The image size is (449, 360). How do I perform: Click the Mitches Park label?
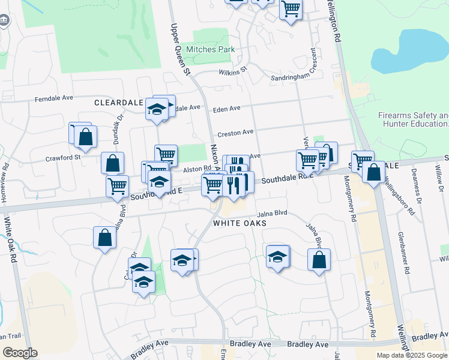tap(209, 50)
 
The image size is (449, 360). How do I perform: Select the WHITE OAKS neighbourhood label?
tap(239, 223)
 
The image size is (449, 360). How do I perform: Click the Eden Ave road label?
tap(227, 109)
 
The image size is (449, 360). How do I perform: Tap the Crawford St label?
tap(62, 157)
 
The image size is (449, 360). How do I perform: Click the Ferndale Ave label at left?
tap(53, 98)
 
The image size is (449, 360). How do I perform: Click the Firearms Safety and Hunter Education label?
tap(413, 119)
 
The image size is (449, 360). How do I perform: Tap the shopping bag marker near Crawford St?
tap(112, 163)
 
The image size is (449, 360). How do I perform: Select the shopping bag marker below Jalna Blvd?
tap(319, 260)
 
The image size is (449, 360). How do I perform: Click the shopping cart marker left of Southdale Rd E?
tap(117, 185)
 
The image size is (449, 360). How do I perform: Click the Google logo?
tap(20, 353)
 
